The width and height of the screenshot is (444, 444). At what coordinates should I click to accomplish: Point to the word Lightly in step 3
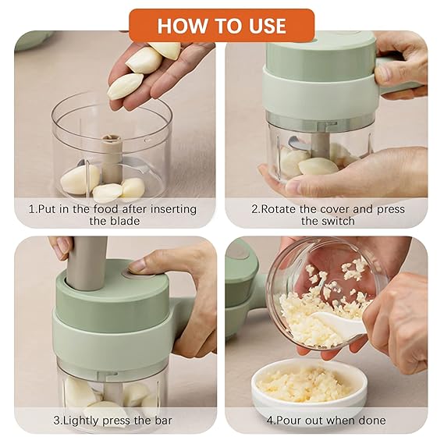[x=86, y=420]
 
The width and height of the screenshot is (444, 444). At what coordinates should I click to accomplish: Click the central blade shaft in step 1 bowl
[x=112, y=156]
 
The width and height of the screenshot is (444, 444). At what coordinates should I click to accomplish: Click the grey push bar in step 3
[x=88, y=261]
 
